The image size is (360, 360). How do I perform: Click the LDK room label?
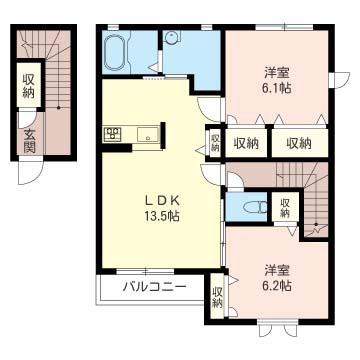point(162,200)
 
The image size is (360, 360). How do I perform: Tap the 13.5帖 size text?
point(162,217)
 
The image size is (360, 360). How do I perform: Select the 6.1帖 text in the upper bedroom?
point(277,88)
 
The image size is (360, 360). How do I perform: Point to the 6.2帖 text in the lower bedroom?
point(277,285)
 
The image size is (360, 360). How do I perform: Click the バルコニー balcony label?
point(153,287)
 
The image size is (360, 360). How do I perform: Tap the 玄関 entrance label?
point(29,140)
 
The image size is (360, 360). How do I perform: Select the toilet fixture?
point(255,208)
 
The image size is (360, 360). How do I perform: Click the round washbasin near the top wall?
point(172,36)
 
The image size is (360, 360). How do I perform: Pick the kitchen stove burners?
point(112,133)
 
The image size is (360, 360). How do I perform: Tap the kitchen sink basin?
point(147,134)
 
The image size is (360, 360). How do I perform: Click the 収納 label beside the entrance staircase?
point(29,86)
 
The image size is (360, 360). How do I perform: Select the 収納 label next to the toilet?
point(284,208)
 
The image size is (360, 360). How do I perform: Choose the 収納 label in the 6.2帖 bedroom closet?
point(217,297)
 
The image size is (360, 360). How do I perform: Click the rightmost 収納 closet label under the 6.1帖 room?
point(299,143)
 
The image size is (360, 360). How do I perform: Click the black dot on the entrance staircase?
point(58,108)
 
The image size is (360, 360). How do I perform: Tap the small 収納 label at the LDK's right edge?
point(215,142)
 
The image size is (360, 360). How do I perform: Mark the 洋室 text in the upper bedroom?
point(277,72)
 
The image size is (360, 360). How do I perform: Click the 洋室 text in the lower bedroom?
point(277,270)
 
